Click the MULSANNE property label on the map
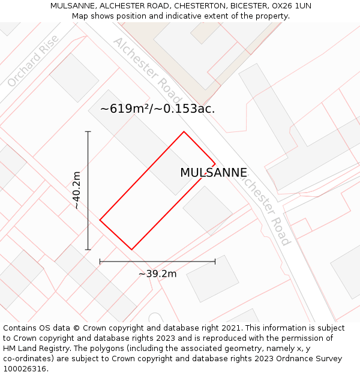(x=214, y=173)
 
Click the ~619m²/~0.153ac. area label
(x=157, y=109)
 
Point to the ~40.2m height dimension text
(x=76, y=190)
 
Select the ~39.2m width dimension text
(x=157, y=274)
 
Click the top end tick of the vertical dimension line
(x=88, y=131)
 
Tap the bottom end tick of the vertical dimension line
(x=88, y=250)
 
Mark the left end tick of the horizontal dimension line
(x=100, y=262)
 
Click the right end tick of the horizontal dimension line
(x=215, y=262)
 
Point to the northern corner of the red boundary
(x=184, y=131)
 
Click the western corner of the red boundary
(x=100, y=220)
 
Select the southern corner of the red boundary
(x=131, y=250)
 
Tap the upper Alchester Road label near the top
(x=146, y=69)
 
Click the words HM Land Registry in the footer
(x=31, y=349)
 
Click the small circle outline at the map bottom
(x=155, y=318)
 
